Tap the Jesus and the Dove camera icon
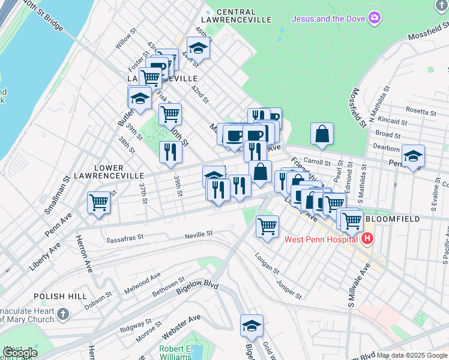(375, 18)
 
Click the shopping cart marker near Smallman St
(98, 202)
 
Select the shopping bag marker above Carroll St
(322, 134)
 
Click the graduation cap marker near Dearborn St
(413, 156)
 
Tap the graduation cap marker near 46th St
(197, 47)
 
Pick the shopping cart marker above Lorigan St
(267, 226)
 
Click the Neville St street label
(199, 233)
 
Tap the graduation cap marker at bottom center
(252, 325)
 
